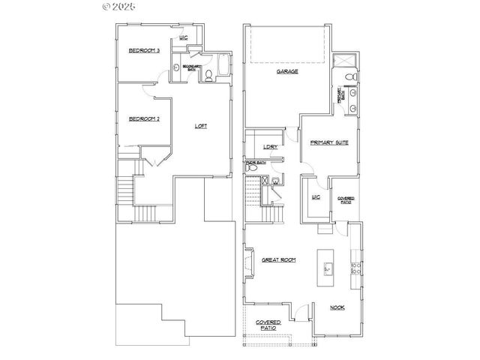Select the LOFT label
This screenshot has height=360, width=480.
click(x=201, y=126)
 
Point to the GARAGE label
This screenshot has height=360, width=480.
click(x=287, y=71)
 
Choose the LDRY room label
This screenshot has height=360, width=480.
click(x=271, y=147)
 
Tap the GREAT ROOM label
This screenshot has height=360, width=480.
click(x=278, y=259)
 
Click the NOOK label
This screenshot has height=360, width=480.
click(x=338, y=307)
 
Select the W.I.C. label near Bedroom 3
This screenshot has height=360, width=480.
click(x=182, y=37)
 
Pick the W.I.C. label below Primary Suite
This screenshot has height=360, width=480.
click(x=316, y=197)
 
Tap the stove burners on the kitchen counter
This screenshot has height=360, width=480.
click(x=356, y=267)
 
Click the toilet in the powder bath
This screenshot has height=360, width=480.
click(x=277, y=179)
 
